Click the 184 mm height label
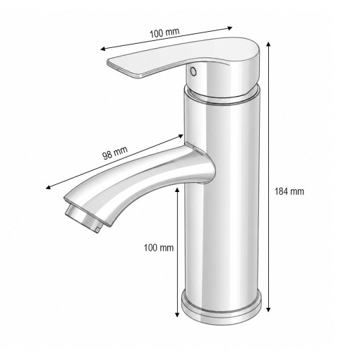(x=289, y=191)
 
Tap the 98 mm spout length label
(x=115, y=152)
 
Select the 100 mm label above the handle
(x=164, y=32)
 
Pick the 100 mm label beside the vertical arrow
(x=159, y=248)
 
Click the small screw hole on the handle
(x=193, y=71)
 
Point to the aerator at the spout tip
(x=84, y=218)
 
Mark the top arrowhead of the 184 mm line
(x=268, y=44)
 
